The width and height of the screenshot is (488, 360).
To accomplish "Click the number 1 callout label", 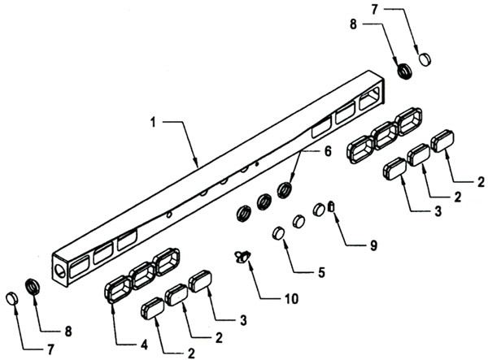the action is (153, 123).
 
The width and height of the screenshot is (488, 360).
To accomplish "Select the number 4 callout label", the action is (144, 345).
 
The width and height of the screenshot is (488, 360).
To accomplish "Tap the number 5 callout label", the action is (321, 273).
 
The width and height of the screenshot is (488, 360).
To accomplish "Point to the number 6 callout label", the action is (328, 151).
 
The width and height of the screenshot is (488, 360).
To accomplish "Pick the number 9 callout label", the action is (373, 245).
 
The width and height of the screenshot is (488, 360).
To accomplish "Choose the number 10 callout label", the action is (292, 299).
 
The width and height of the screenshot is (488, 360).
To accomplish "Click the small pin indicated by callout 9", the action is (332, 206).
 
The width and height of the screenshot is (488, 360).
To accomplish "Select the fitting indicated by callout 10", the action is (242, 257).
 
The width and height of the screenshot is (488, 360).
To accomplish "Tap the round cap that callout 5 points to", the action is (278, 233).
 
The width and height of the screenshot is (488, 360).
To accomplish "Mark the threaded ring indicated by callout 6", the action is (285, 190).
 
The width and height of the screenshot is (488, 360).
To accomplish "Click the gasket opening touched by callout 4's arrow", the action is (118, 289).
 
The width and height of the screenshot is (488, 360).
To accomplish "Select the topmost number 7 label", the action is (374, 10).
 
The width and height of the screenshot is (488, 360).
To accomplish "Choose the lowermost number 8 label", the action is (68, 331).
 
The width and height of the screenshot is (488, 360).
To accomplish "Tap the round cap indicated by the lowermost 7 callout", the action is (12, 298).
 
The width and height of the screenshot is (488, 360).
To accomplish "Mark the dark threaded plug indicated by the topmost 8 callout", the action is (405, 72).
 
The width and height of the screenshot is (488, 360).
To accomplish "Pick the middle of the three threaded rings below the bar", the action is (265, 202).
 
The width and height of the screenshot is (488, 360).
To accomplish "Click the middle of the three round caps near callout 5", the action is (298, 221).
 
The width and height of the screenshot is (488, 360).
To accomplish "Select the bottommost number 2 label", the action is (191, 353).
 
